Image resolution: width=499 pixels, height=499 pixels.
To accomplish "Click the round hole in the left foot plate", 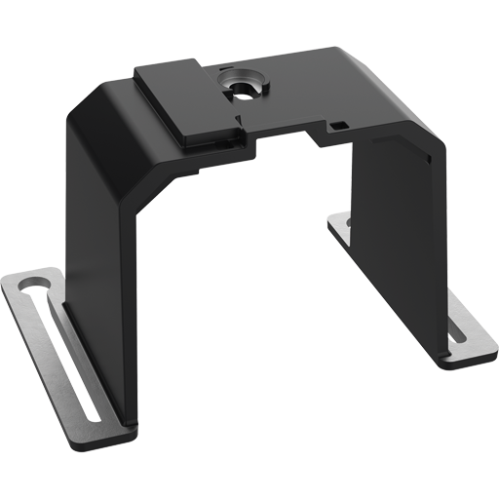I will click(31, 286).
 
